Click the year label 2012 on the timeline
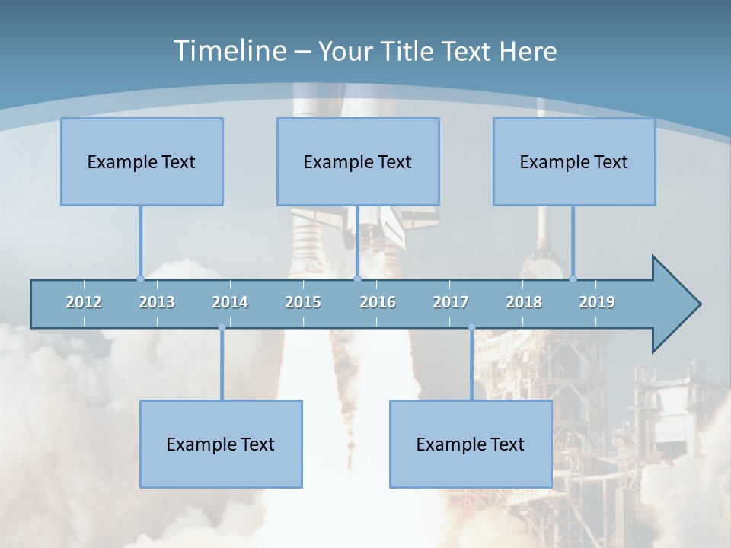[84, 302]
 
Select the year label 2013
[157, 302]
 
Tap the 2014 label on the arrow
[230, 302]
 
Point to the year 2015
[303, 302]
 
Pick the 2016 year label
[378, 302]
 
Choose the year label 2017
[451, 302]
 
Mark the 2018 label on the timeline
[524, 302]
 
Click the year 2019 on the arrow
[597, 302]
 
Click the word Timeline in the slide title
[228, 50]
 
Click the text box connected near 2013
[142, 161]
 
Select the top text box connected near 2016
[358, 161]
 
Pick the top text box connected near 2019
[574, 161]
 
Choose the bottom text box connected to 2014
[221, 444]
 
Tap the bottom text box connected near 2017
[471, 444]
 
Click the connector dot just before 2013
[140, 279]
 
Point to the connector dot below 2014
[222, 328]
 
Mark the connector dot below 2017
[471, 328]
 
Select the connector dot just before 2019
[573, 279]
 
